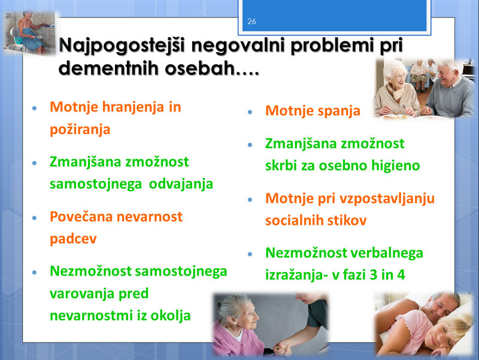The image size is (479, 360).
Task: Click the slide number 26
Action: [x=251, y=22]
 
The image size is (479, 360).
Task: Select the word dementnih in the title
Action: [x=108, y=68]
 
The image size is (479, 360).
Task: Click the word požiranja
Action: [x=80, y=129]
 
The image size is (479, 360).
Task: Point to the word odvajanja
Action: [x=181, y=184]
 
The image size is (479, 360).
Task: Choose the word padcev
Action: [x=73, y=238]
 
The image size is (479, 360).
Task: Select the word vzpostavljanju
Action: [x=387, y=199]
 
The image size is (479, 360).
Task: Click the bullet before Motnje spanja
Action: [x=250, y=112]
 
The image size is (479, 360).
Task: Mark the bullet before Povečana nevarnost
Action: [x=34, y=218]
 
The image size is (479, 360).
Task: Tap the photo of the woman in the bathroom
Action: [x=30, y=34]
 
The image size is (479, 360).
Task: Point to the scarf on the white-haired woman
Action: [x=395, y=90]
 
